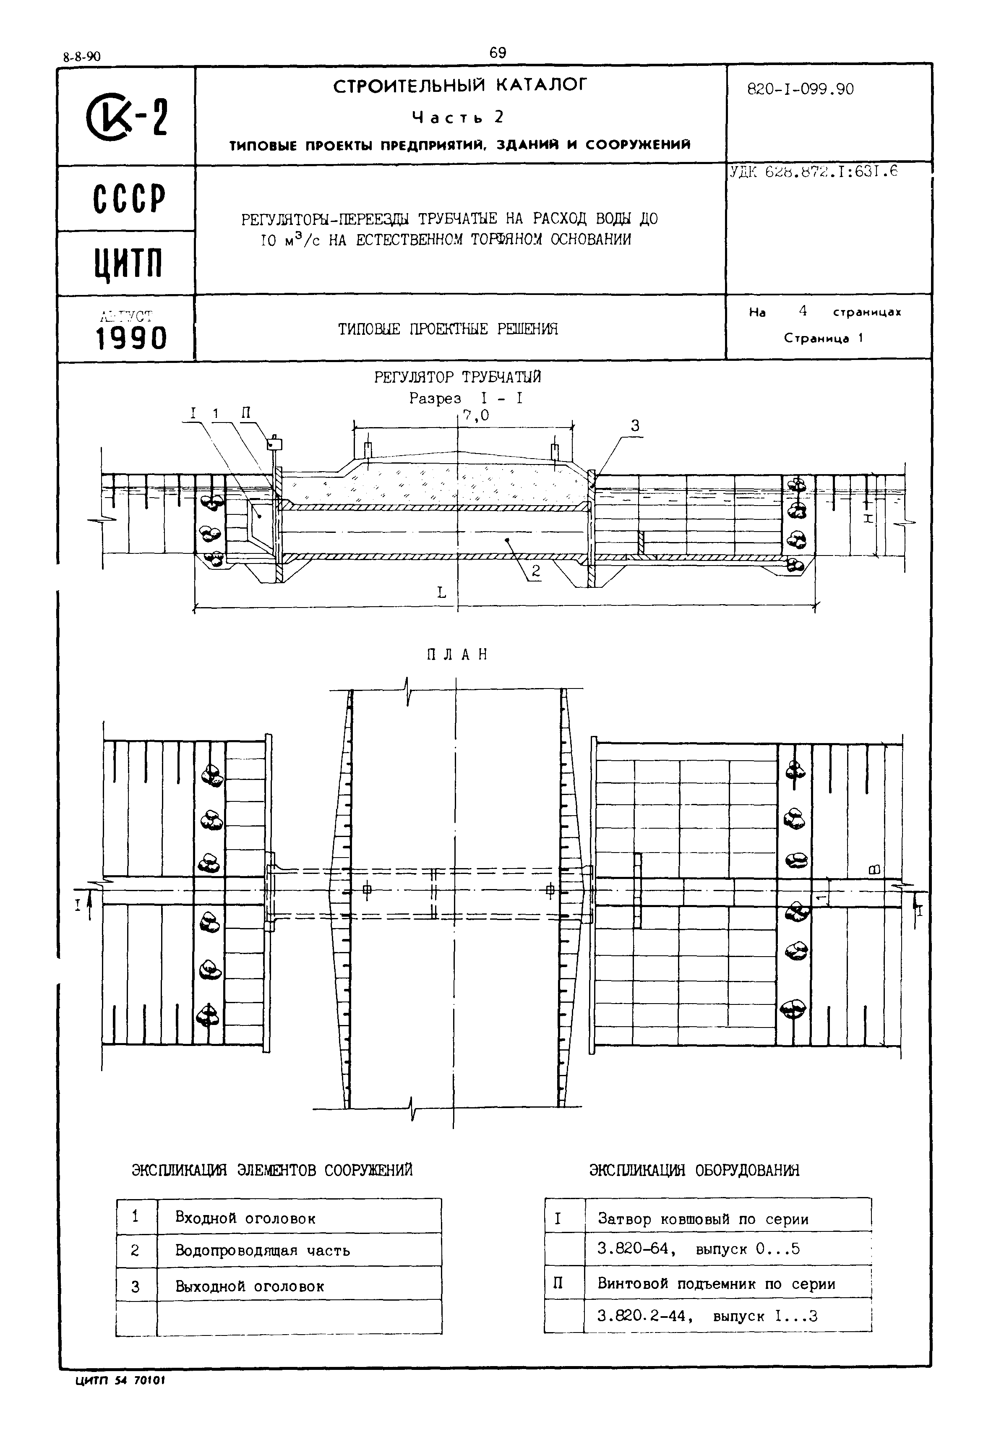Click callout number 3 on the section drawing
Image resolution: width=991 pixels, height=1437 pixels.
635,426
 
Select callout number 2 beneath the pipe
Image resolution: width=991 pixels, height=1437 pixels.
536,572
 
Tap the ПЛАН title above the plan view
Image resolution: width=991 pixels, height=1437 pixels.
456,655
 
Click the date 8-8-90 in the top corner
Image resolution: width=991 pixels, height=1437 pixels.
81,57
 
